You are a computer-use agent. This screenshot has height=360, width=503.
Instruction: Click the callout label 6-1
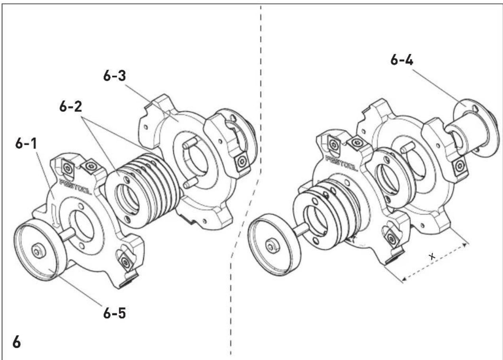click(x=26, y=143)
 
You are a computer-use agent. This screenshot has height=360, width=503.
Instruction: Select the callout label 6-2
click(x=71, y=106)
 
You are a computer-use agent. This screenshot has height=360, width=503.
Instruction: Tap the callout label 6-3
click(x=114, y=76)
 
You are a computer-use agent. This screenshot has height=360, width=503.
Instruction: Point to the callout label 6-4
click(x=402, y=60)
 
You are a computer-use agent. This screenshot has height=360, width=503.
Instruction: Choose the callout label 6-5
click(x=114, y=313)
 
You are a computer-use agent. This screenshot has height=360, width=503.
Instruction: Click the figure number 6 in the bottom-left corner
click(x=17, y=342)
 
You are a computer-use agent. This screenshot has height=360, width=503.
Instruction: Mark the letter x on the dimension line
click(x=432, y=256)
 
